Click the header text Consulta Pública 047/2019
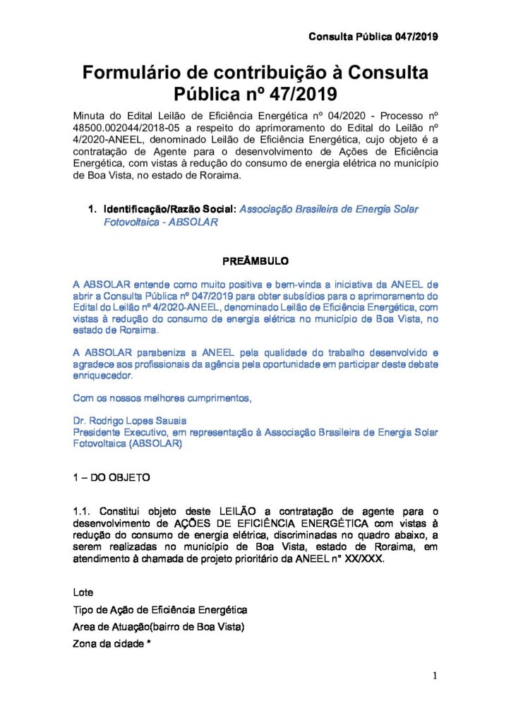373,37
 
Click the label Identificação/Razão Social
169,210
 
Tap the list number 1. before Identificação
92,210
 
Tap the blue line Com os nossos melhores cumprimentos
162,398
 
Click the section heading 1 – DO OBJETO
112,477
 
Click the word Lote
83,592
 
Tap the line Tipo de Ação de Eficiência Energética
160,609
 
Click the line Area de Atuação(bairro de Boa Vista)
159,627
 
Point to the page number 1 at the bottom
435,676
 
